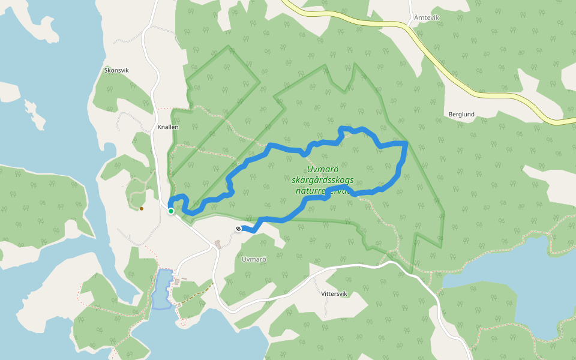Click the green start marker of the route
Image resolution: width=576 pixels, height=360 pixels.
click(x=171, y=211)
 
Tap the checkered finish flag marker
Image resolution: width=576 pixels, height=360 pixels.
click(x=238, y=229)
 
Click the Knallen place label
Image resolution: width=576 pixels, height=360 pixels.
click(x=168, y=127)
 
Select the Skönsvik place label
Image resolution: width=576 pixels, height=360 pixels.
click(x=116, y=70)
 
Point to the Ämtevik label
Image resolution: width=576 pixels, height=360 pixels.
click(x=427, y=18)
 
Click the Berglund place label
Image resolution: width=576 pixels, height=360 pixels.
click(x=461, y=114)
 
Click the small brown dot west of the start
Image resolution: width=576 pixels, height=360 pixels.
click(x=142, y=209)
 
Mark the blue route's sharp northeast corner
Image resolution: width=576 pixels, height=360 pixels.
click(x=406, y=143)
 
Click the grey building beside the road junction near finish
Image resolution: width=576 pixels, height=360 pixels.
click(x=217, y=244)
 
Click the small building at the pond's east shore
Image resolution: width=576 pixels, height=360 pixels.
click(x=176, y=281)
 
